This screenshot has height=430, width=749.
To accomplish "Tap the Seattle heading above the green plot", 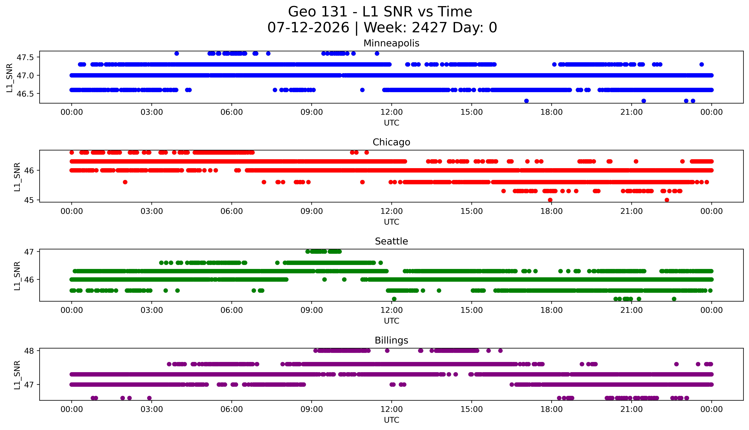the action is click(391, 241).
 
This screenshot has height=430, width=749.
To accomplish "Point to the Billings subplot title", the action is click(391, 340).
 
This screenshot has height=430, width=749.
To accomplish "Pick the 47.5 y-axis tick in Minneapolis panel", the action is click(25, 57).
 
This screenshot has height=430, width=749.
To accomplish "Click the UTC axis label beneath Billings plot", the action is click(391, 420).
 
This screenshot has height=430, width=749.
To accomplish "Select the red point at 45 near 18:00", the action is click(550, 200).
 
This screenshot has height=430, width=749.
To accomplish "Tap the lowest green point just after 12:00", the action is click(394, 299).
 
